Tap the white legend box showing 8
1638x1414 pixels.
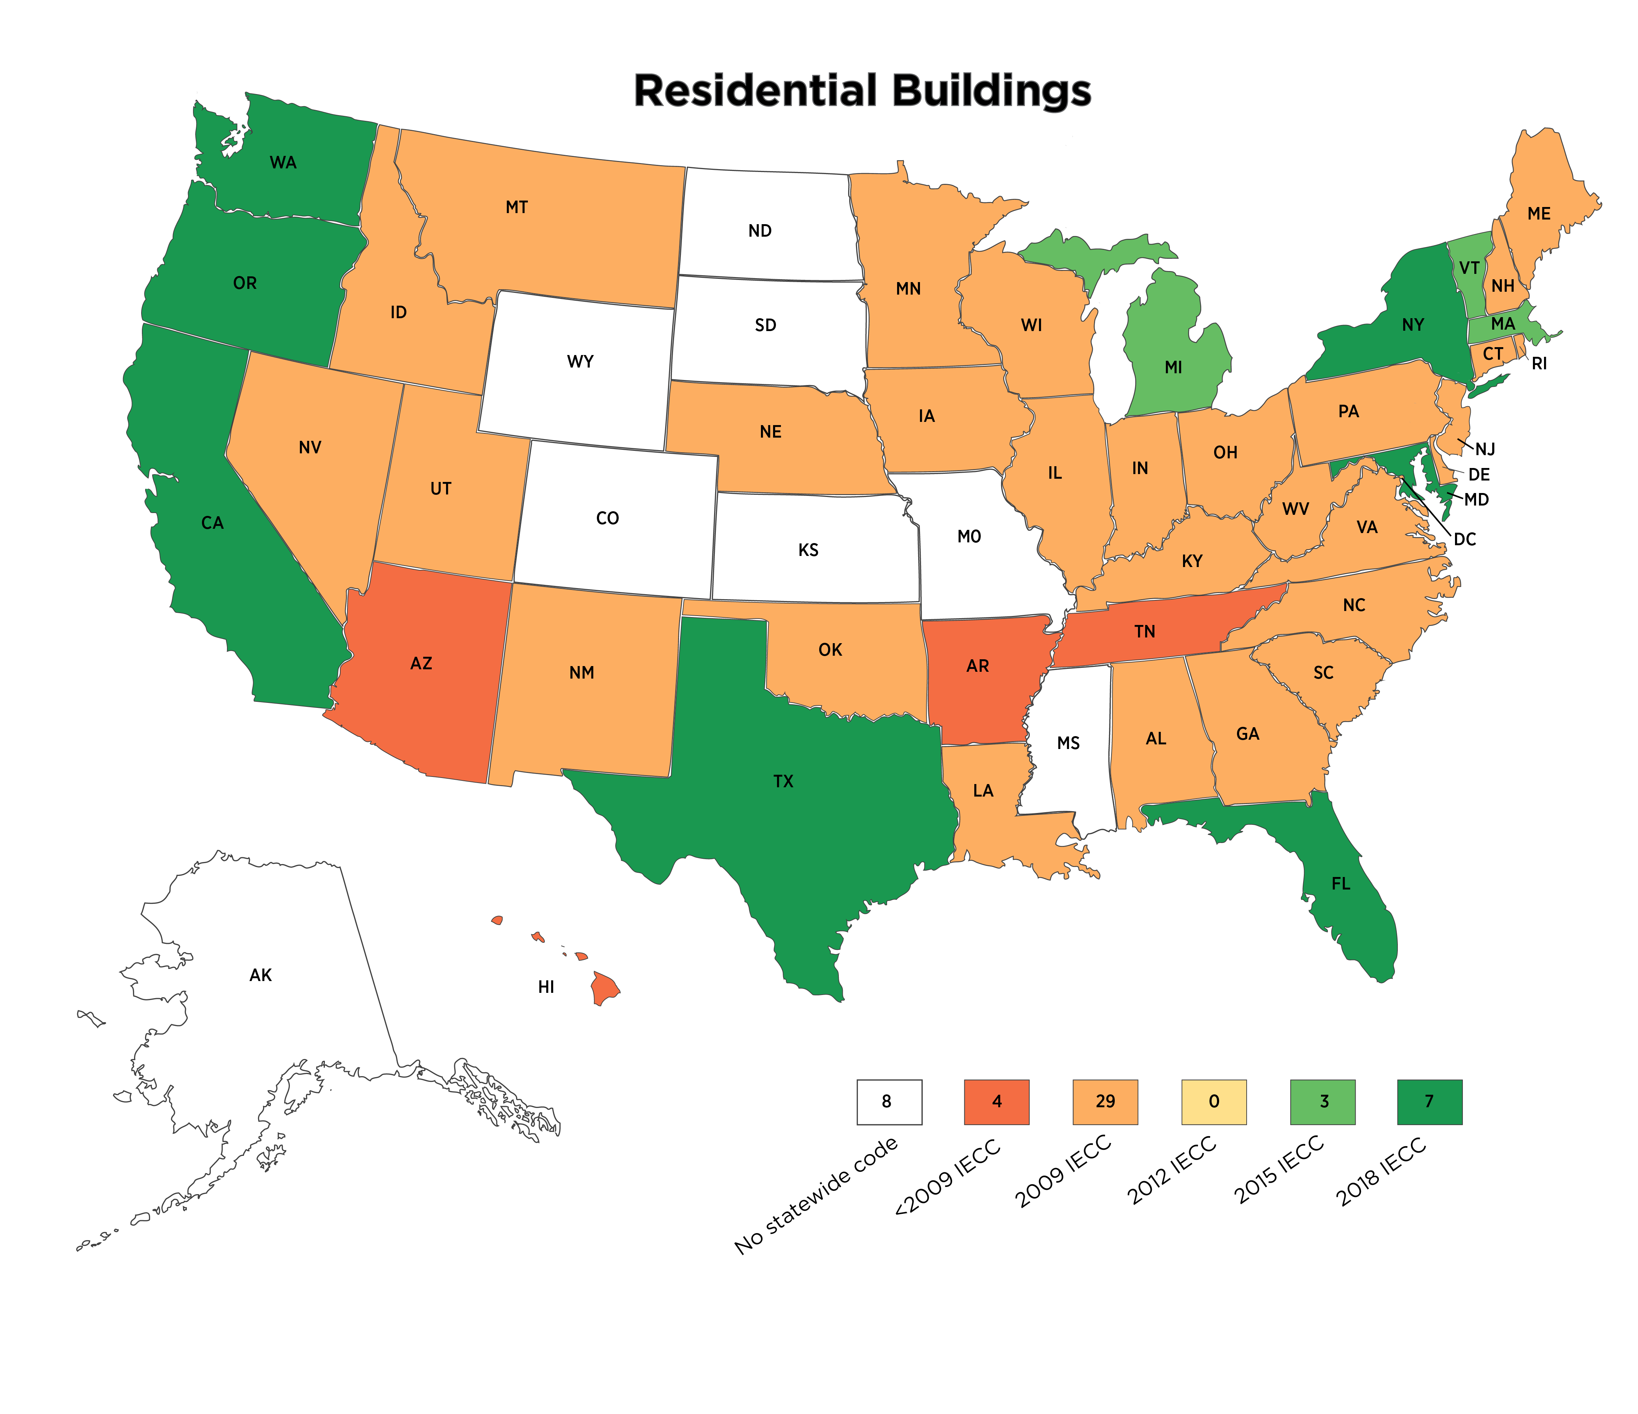(889, 1102)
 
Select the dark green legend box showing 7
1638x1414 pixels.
(1429, 1102)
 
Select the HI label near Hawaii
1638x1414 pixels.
(545, 987)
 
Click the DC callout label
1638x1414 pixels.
(1465, 540)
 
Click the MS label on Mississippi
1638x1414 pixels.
(1068, 743)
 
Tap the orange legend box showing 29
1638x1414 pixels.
(1105, 1102)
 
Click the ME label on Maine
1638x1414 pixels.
(1538, 213)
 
